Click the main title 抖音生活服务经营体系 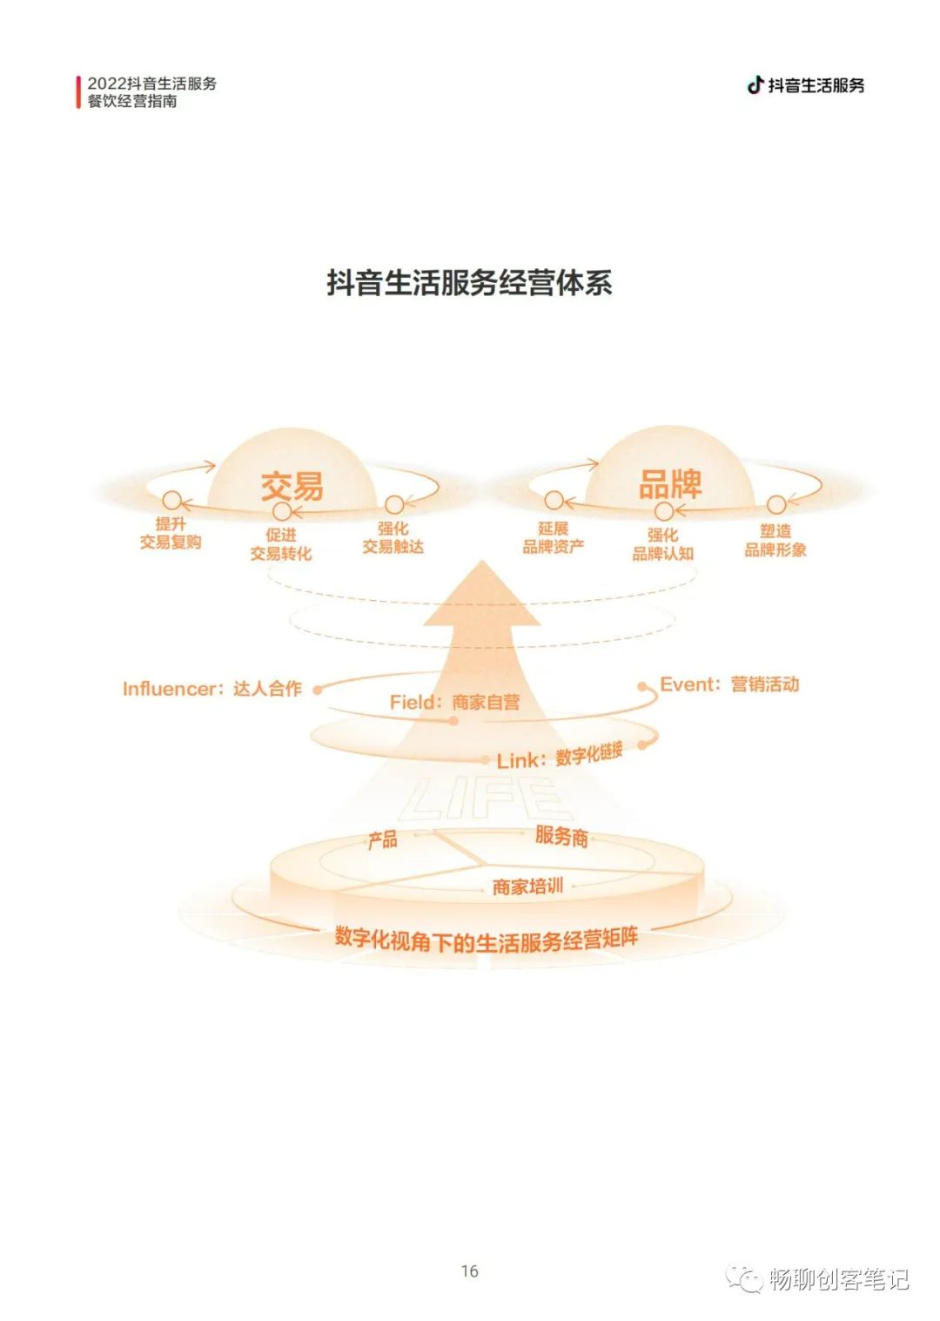469,283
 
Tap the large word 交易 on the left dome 292,486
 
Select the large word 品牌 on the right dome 669,484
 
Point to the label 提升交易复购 171,533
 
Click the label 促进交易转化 280,544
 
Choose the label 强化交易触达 393,537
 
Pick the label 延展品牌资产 553,537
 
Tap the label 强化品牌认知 662,544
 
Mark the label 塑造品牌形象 775,540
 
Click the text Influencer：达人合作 211,689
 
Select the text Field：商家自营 454,702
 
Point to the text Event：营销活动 729,684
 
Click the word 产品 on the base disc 382,840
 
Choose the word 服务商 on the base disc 561,836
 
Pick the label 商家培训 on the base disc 527,886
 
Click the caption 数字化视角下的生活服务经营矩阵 486,940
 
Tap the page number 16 470,1271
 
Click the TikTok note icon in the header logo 755,84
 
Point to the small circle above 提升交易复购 171,501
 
